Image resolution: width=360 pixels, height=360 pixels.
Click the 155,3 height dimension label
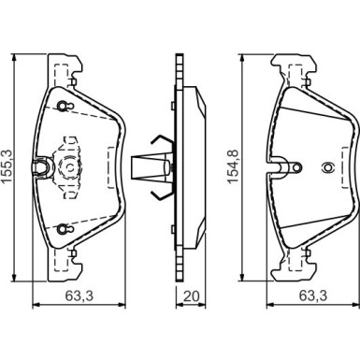coord(7,168)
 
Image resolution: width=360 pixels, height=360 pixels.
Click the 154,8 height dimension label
coord(234,166)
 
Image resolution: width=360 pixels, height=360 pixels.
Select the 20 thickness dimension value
coord(191,296)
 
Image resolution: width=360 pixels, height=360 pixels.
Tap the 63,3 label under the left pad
coord(79,295)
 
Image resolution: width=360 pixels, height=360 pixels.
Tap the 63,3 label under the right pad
coord(313,295)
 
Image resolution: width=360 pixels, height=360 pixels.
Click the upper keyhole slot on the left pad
coord(64,106)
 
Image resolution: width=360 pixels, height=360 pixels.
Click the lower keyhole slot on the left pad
coord(64,229)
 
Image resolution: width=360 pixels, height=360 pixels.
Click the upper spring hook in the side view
coord(162,141)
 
